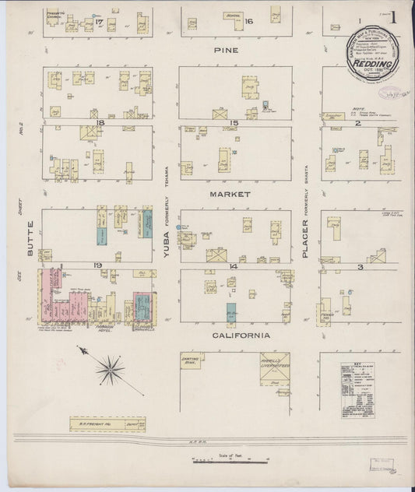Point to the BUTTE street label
[x=30, y=241]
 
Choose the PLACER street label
[x=306, y=234]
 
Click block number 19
[x=98, y=266]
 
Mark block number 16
[x=249, y=21]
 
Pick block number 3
[x=360, y=267]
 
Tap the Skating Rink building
[x=191, y=360]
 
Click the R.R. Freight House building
[x=108, y=424]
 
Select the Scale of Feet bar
[x=230, y=462]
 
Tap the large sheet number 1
[x=394, y=17]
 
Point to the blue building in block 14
[x=232, y=313]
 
